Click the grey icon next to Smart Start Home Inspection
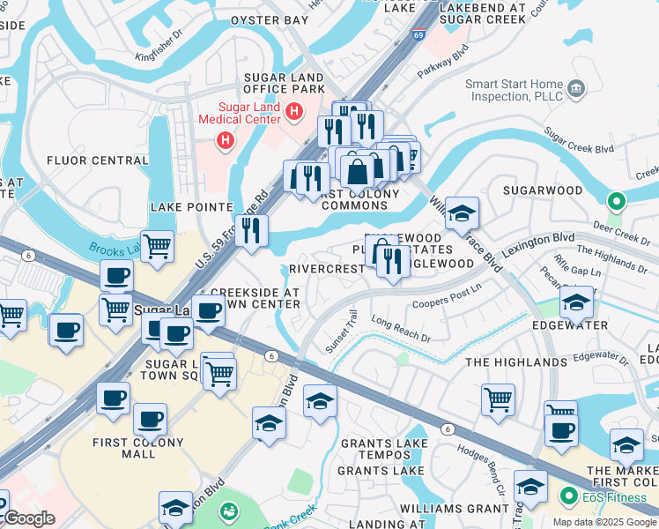(x=577, y=87)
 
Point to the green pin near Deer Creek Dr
(x=616, y=202)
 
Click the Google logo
(x=28, y=518)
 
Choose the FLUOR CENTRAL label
(x=98, y=160)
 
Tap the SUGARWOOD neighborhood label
(x=543, y=190)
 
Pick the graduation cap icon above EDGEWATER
(x=576, y=302)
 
